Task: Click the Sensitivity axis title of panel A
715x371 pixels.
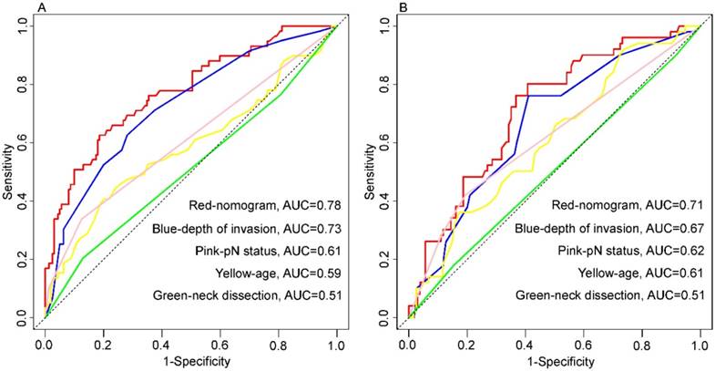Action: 9,172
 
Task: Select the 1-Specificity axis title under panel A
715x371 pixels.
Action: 190,361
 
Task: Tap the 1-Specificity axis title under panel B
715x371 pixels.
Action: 554,361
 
